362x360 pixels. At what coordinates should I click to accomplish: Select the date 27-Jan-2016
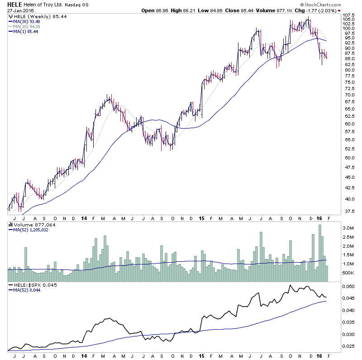[19, 10]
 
